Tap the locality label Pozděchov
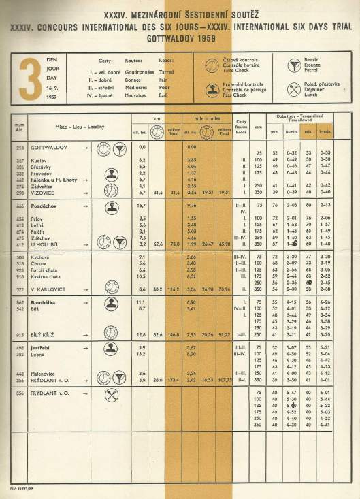[44, 205]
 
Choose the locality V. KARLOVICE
[46, 289]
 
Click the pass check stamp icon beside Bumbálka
[112, 303]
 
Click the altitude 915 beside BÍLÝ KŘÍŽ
[22, 335]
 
